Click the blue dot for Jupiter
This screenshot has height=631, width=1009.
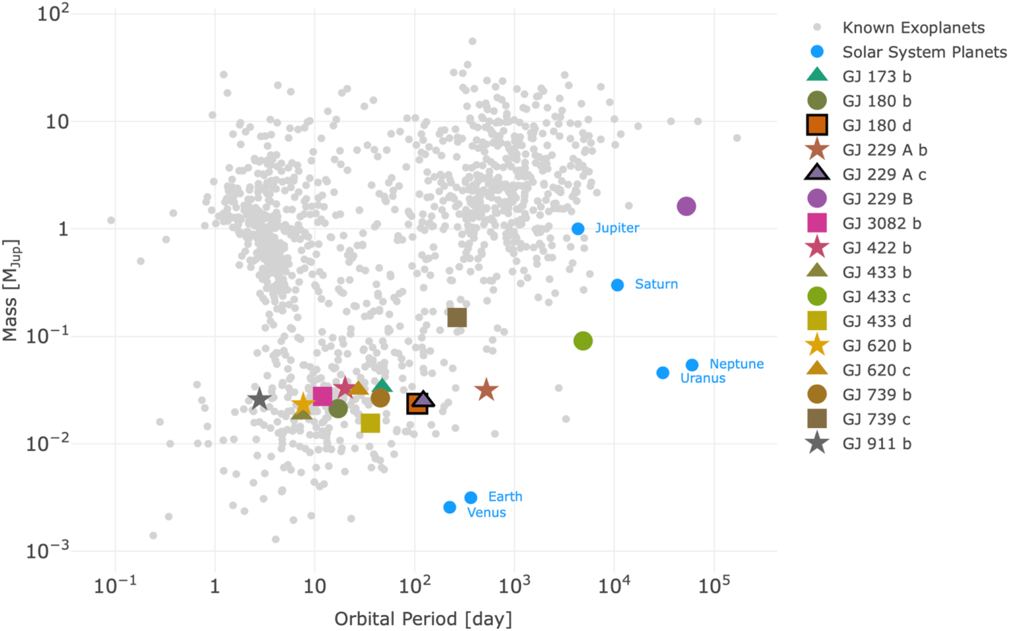coord(578,229)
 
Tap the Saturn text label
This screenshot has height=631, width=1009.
coord(656,284)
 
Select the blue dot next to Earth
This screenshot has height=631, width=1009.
coord(470,498)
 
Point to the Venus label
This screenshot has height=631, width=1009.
coord(487,513)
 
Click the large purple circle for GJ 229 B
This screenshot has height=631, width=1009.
coord(686,206)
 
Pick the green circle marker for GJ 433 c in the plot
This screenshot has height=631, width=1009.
coord(583,341)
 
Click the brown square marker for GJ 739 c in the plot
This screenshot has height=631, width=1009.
coord(457,317)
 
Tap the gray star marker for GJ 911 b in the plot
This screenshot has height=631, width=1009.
coord(260,399)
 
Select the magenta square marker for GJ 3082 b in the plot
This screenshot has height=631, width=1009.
coord(323,396)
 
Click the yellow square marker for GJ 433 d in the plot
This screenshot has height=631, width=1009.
coord(370,423)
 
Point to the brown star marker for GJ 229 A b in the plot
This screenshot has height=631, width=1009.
coord(486,389)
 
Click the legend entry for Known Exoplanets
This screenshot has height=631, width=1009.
coord(913,28)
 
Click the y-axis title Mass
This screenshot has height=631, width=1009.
coord(10,290)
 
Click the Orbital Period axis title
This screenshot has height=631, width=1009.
coord(423,619)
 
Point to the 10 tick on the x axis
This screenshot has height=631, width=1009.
coord(314,586)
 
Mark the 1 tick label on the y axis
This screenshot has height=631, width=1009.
coord(63,229)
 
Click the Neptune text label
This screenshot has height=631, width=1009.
coord(737,364)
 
